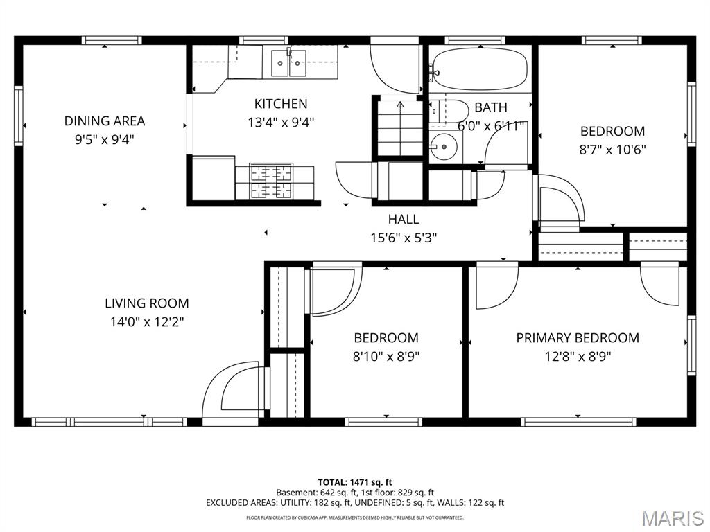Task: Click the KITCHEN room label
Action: point(280,104)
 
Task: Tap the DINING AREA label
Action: point(105,121)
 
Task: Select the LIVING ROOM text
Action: point(146,303)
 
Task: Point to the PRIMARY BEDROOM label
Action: point(577,337)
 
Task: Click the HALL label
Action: point(403,219)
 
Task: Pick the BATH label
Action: point(490,107)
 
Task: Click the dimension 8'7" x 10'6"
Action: point(612,149)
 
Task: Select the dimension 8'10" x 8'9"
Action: point(386,356)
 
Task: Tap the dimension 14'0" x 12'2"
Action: point(146,321)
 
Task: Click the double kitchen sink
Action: point(289,64)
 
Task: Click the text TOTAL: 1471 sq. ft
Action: point(355,482)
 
